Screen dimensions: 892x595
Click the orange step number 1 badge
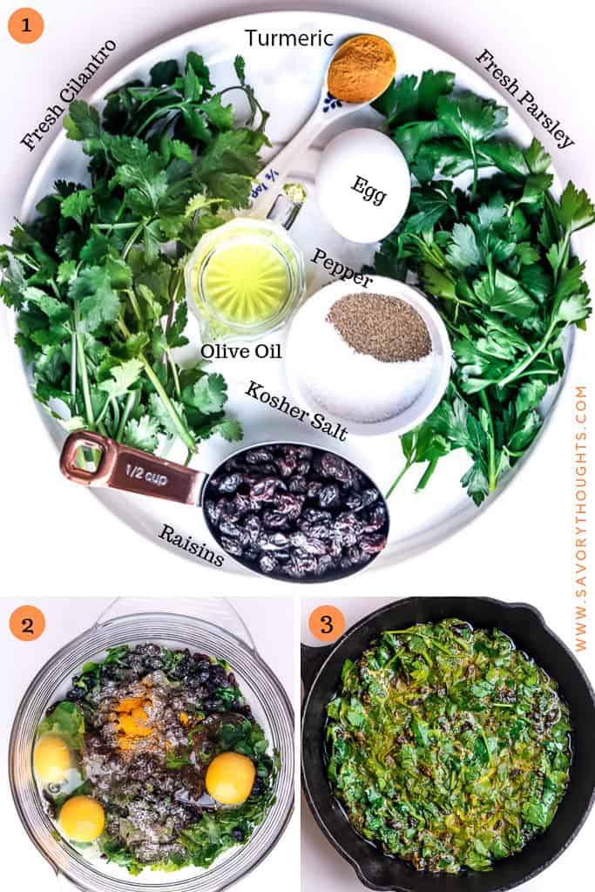[26, 25]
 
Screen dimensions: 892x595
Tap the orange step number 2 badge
[27, 624]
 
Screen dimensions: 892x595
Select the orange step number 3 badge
[327, 624]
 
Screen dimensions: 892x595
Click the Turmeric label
[288, 38]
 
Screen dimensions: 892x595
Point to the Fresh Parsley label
[524, 98]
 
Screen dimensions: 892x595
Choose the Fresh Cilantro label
[68, 95]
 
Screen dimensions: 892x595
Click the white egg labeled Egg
[362, 186]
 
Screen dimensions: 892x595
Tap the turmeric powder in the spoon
[361, 68]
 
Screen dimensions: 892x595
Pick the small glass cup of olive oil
[245, 278]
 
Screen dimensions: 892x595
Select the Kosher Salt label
[296, 410]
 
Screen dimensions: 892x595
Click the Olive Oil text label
[241, 351]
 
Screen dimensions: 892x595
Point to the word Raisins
[191, 545]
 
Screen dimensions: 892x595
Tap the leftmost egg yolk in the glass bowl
[51, 760]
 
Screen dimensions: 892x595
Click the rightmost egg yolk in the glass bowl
[231, 778]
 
